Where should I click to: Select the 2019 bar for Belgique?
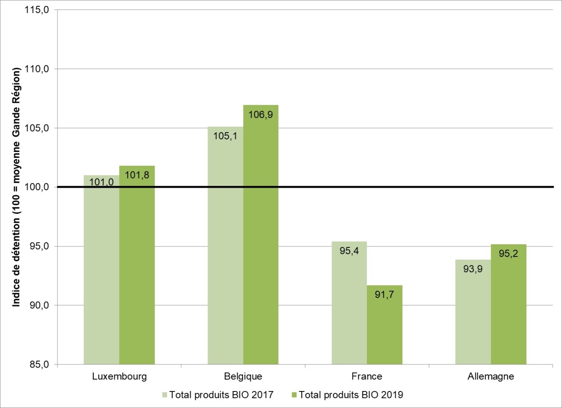[261, 239]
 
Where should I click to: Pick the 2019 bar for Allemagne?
[508, 307]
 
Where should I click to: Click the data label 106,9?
[261, 115]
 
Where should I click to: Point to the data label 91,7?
[385, 295]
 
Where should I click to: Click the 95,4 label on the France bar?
[349, 251]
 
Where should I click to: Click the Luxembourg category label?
[119, 377]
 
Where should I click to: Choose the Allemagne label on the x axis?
[491, 377]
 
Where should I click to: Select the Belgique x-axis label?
[243, 377]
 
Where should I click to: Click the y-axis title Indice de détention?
[17, 187]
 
